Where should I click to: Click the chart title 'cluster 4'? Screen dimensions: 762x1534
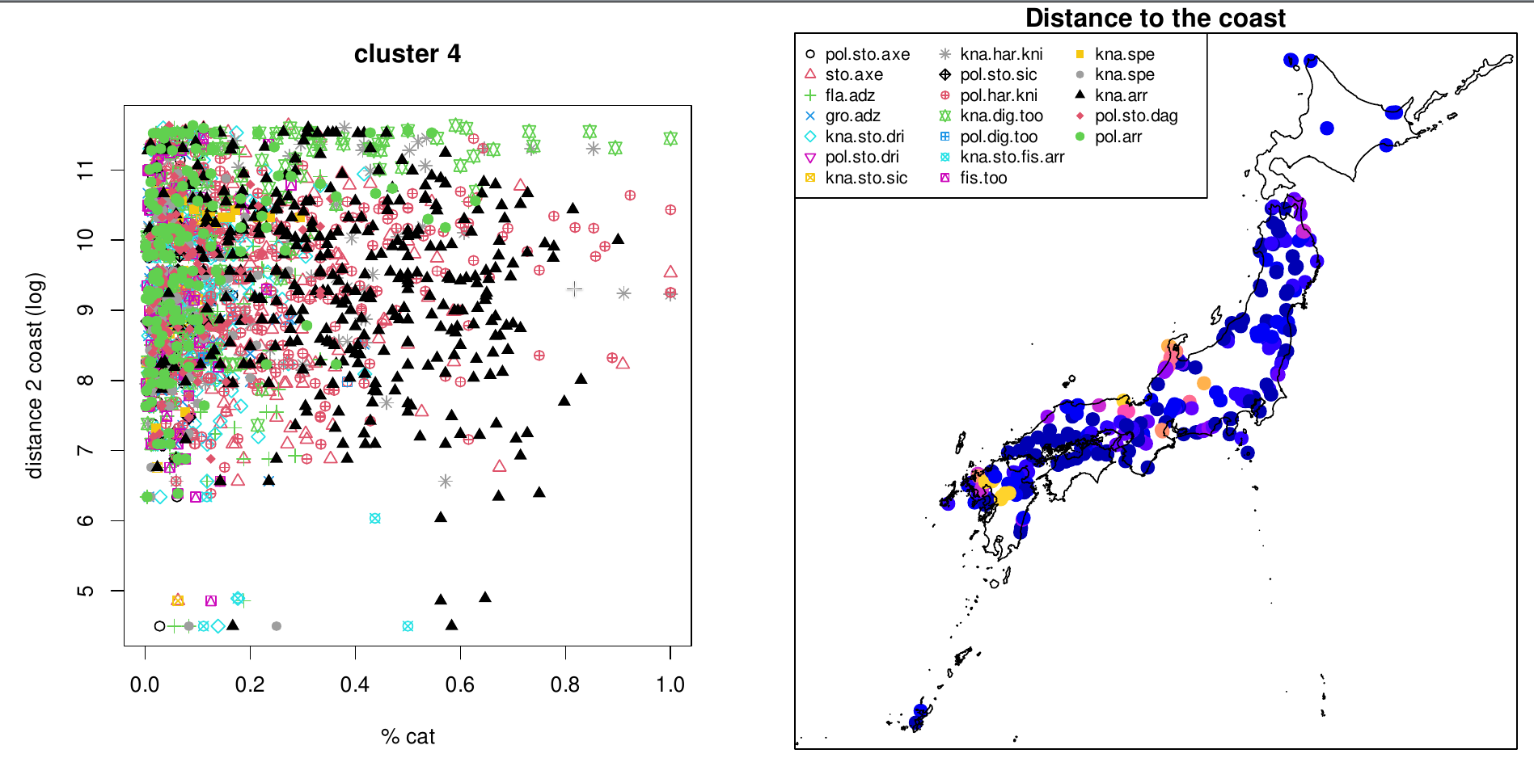pyautogui.click(x=407, y=54)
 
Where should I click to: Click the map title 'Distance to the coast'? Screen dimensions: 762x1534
pyautogui.click(x=1155, y=18)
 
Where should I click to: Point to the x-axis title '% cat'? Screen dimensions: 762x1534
pyautogui.click(x=408, y=736)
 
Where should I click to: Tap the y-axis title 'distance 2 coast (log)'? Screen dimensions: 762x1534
pyautogui.click(x=35, y=376)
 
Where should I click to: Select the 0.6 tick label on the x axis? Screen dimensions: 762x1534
pyautogui.click(x=460, y=685)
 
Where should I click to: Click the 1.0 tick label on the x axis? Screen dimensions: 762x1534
pyautogui.click(x=670, y=685)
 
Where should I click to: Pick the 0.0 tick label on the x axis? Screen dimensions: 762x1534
pyautogui.click(x=145, y=685)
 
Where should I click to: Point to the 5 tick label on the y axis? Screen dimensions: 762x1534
pyautogui.click(x=85, y=591)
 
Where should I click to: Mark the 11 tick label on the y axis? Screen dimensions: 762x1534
pyautogui.click(x=85, y=170)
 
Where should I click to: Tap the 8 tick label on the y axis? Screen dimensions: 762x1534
pyautogui.click(x=85, y=380)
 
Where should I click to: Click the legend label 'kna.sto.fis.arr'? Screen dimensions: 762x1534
pyautogui.click(x=1012, y=157)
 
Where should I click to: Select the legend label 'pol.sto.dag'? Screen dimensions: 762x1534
pyautogui.click(x=1135, y=116)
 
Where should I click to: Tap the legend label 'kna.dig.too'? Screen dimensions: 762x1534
pyautogui.click(x=1001, y=116)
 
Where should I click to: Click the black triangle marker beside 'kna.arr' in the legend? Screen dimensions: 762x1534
pyautogui.click(x=1080, y=95)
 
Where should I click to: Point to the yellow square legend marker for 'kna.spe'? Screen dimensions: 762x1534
pyautogui.click(x=1080, y=54)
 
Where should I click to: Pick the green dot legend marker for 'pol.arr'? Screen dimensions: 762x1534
pyautogui.click(x=1080, y=137)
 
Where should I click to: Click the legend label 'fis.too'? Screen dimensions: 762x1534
pyautogui.click(x=983, y=178)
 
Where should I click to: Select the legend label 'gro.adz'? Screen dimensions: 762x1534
pyautogui.click(x=852, y=116)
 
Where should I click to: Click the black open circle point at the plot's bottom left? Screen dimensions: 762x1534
pyautogui.click(x=159, y=626)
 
